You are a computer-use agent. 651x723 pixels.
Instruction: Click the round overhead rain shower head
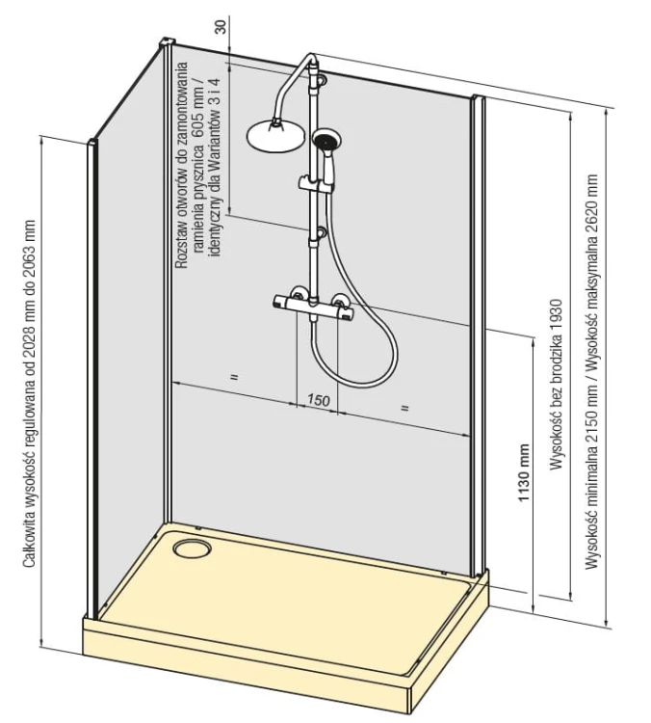[275, 136]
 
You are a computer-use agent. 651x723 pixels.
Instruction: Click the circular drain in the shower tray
[193, 549]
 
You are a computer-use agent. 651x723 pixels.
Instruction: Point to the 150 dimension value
[318, 400]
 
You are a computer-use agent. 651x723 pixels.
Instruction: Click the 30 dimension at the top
[221, 27]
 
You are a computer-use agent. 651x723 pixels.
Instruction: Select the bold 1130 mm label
[523, 473]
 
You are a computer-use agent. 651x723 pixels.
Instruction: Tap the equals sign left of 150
[234, 377]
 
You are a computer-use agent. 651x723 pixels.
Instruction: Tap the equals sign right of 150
[404, 408]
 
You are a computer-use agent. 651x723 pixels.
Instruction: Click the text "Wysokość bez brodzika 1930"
[556, 385]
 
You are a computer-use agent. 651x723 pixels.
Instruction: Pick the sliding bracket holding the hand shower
[315, 183]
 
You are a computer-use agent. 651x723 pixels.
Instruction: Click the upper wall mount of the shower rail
[319, 79]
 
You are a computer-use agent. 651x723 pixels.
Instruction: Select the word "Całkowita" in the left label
[30, 542]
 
